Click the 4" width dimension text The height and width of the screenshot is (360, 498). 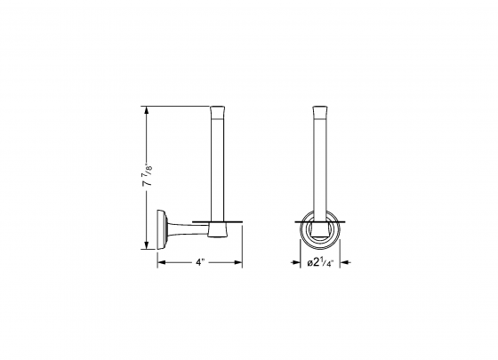coord(200,263)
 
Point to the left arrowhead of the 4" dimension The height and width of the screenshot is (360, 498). coord(161,263)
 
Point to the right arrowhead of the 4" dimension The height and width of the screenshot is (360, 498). coord(240,263)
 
